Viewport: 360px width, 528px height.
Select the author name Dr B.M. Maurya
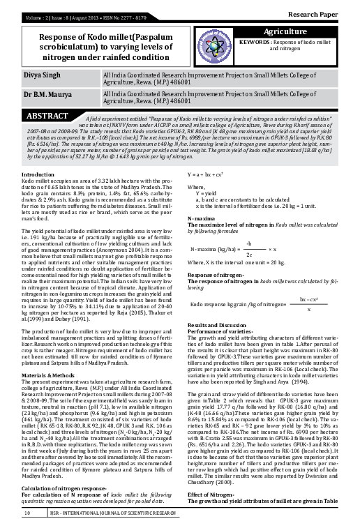[49, 112]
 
